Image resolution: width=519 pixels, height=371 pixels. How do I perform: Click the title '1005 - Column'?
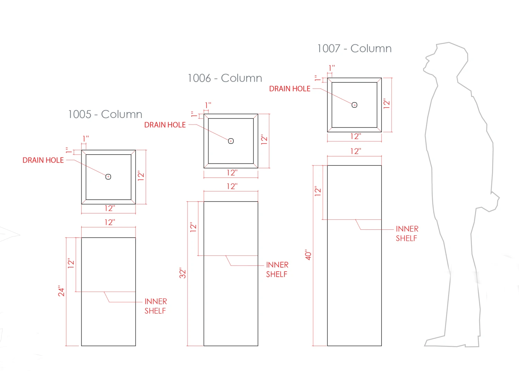[x=105, y=114]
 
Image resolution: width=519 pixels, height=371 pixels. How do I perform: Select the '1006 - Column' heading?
[x=225, y=78]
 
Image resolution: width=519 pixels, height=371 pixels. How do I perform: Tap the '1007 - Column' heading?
[x=354, y=48]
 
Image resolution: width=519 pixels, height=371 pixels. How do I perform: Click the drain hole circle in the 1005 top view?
[x=108, y=177]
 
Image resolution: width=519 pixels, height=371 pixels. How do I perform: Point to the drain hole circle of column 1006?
[x=231, y=141]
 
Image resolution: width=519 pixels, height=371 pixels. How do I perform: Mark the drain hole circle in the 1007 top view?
[x=354, y=105]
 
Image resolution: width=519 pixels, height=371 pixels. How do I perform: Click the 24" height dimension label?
[x=61, y=291]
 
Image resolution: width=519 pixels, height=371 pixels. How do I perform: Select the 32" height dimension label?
[x=183, y=273]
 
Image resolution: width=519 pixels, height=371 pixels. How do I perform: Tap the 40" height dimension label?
[x=308, y=255]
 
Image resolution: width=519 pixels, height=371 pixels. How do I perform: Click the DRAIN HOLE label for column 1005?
[x=43, y=160]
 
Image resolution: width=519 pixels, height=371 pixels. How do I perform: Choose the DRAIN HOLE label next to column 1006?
[x=165, y=125]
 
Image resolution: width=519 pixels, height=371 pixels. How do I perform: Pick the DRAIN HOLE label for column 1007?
[x=290, y=89]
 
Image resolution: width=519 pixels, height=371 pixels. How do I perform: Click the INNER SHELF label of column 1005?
[x=155, y=306]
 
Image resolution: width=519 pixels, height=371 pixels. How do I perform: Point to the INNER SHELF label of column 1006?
[x=277, y=270]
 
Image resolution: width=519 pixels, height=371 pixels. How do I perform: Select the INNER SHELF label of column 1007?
[x=407, y=234]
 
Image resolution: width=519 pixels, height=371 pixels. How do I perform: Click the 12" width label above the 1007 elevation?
[x=355, y=151]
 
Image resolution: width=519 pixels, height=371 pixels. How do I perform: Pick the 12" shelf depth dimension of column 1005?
[x=71, y=263]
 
